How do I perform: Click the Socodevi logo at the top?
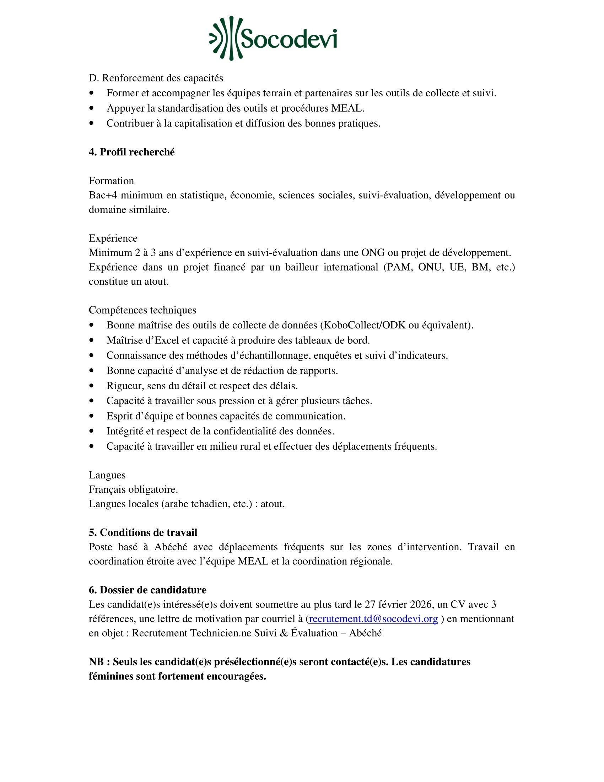tap(273, 38)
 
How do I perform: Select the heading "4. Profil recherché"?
tap(132, 152)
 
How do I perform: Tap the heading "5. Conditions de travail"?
tap(143, 532)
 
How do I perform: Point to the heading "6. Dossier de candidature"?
tap(147, 590)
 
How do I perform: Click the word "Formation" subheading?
tap(111, 181)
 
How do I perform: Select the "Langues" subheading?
tap(107, 475)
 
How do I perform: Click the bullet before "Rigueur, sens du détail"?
tap(92, 386)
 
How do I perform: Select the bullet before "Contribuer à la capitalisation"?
tap(92, 124)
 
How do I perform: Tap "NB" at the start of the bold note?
tap(97, 662)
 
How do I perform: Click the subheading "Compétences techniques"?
tap(142, 310)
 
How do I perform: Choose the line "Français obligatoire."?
tap(133, 489)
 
